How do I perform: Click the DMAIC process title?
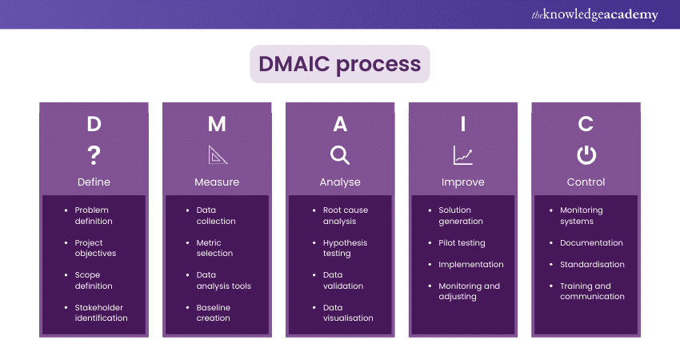click(x=340, y=64)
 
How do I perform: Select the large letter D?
click(x=94, y=124)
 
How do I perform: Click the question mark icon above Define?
click(x=94, y=154)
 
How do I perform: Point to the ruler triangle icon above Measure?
click(x=217, y=154)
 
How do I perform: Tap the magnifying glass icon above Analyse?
click(x=340, y=154)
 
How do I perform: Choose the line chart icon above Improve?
click(x=462, y=154)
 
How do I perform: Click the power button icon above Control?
click(x=586, y=154)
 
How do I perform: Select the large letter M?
click(x=217, y=124)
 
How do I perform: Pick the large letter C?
click(x=586, y=124)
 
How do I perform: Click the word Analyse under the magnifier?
click(x=340, y=182)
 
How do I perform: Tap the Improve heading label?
click(x=462, y=182)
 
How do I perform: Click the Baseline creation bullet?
click(x=213, y=312)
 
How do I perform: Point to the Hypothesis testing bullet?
click(x=345, y=248)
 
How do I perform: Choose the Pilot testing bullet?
click(x=462, y=242)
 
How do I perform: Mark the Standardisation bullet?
click(x=592, y=264)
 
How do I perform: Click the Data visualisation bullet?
click(x=348, y=312)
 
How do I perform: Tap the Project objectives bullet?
click(x=95, y=248)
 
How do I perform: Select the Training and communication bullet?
click(x=592, y=290)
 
